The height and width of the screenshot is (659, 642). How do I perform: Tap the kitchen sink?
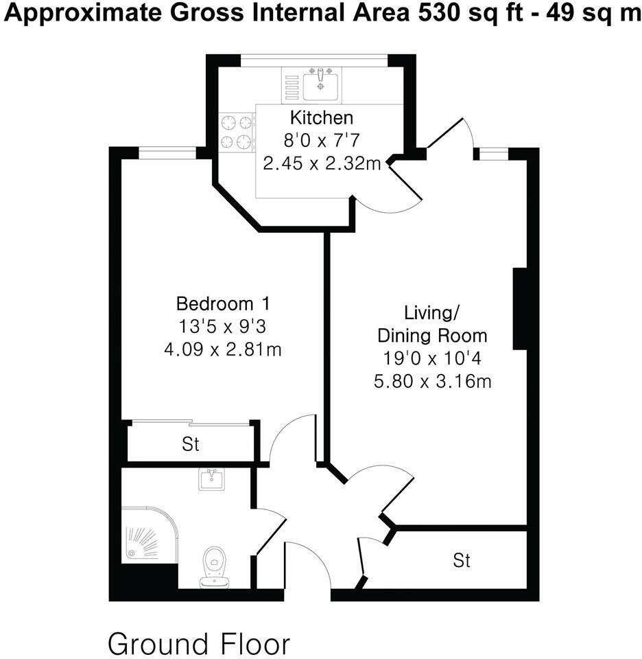(x=320, y=84)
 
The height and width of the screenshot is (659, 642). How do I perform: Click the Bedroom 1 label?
(x=224, y=303)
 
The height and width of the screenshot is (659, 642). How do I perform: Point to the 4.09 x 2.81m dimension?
(x=223, y=349)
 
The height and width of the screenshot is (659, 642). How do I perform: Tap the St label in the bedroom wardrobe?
(x=190, y=444)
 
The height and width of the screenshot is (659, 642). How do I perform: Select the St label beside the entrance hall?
(x=462, y=561)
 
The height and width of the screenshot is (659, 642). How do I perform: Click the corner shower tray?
(x=147, y=535)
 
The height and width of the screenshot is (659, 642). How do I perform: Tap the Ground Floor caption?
(x=199, y=644)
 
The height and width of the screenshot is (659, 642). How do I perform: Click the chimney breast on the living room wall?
(x=519, y=309)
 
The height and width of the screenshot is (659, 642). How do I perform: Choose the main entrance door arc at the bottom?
(x=305, y=559)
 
